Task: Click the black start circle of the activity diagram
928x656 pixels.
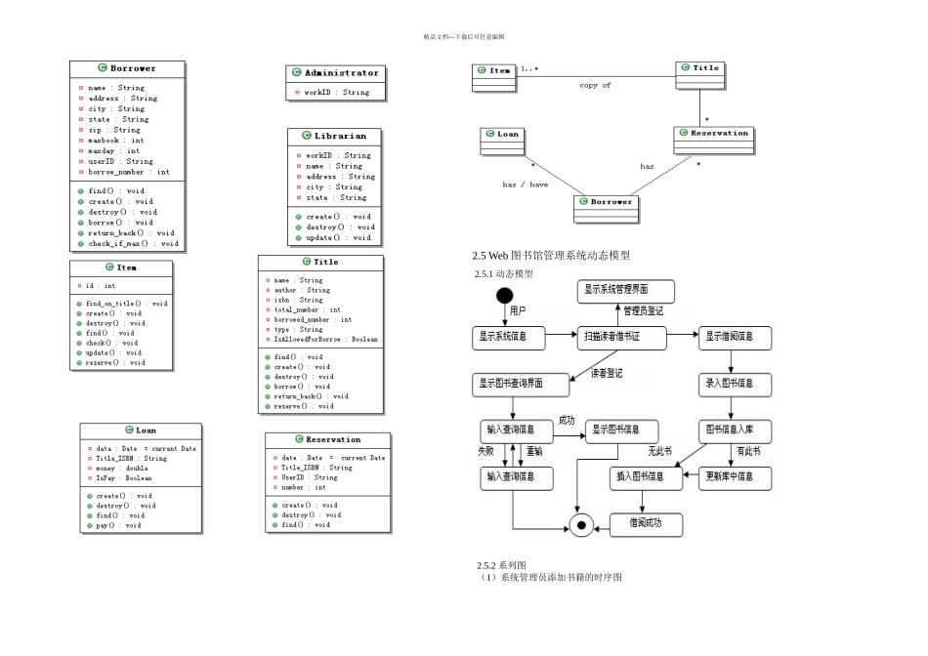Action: tap(505, 296)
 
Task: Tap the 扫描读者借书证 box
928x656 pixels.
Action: tap(622, 338)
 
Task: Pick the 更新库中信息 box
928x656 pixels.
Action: tap(738, 477)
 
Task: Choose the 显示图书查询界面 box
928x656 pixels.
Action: tap(521, 384)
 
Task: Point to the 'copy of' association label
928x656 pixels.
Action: tap(595, 86)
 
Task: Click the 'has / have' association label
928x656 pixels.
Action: tap(525, 184)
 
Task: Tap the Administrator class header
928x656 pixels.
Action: tap(336, 73)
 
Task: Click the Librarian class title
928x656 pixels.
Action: tap(335, 136)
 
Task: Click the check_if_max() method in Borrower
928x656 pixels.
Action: tap(133, 243)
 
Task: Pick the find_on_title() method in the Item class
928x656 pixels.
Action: tap(126, 304)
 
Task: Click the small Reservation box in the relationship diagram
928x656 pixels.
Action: tap(712, 134)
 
